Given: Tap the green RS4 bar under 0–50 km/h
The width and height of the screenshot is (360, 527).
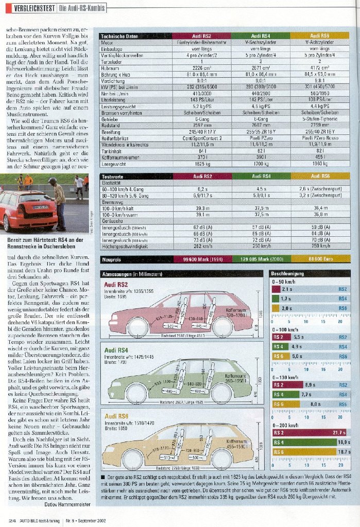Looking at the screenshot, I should pos(281,298).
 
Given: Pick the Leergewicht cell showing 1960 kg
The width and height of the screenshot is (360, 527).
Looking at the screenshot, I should pos(319,164).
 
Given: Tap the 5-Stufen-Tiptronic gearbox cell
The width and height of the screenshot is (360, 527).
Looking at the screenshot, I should pos(319,118).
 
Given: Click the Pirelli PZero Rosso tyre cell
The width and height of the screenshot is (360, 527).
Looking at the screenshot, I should pos(319,138).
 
